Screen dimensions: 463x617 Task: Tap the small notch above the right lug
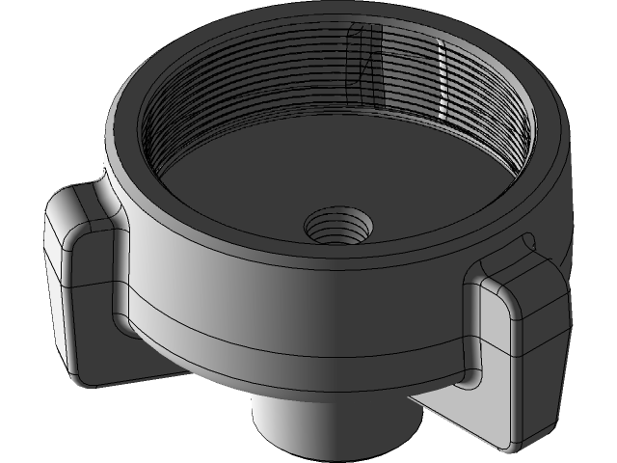click(x=526, y=240)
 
